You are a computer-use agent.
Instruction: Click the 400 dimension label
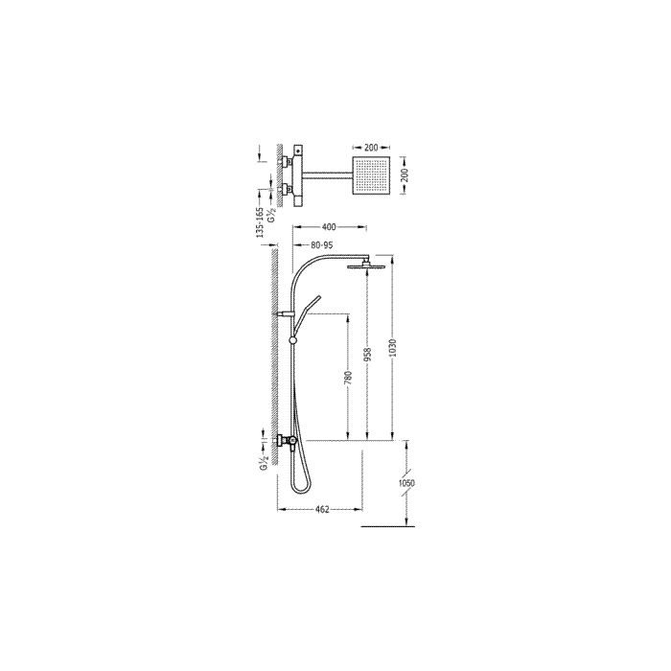point(328,227)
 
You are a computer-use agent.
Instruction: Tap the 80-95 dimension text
point(322,245)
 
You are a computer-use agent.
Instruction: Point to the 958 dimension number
point(367,354)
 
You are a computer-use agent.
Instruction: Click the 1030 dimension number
point(393,348)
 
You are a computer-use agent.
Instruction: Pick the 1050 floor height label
point(406,483)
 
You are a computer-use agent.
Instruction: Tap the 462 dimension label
point(322,509)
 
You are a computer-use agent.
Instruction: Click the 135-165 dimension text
point(259,222)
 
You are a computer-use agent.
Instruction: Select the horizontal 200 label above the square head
point(371,148)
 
